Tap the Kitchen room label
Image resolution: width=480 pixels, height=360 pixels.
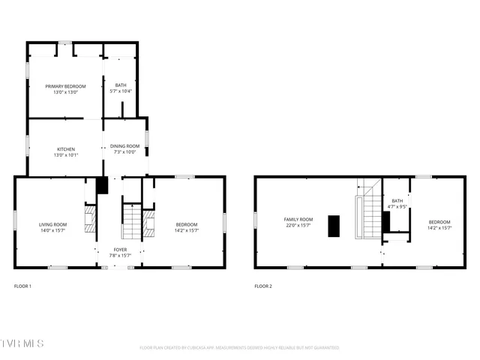click(x=66, y=150)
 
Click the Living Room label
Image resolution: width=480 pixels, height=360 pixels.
click(x=53, y=223)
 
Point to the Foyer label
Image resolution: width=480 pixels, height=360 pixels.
click(x=120, y=250)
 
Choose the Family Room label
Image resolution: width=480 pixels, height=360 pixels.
click(x=298, y=220)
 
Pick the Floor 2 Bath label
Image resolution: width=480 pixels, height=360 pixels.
click(x=397, y=202)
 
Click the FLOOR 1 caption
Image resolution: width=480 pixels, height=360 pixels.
click(x=23, y=286)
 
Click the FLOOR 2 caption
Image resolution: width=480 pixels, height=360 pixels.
click(x=263, y=286)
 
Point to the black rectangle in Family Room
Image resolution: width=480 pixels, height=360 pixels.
click(x=334, y=226)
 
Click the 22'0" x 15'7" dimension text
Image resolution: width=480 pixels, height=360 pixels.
click(x=298, y=225)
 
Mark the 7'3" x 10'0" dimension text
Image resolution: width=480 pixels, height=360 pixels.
click(x=124, y=152)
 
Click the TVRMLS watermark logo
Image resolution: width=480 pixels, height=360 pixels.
click(x=22, y=343)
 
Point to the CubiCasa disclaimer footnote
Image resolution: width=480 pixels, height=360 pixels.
click(x=239, y=347)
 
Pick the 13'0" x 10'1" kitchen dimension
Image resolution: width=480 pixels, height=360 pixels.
click(x=66, y=154)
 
